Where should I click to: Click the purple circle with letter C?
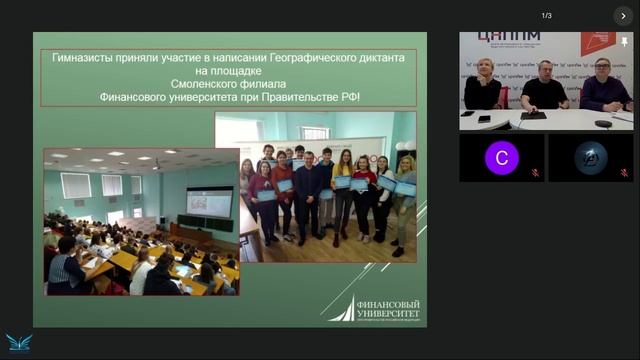click(x=501, y=158)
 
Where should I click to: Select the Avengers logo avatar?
click(x=590, y=158)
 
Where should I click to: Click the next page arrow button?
click(x=622, y=16)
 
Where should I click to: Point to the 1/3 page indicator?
click(x=546, y=16)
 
